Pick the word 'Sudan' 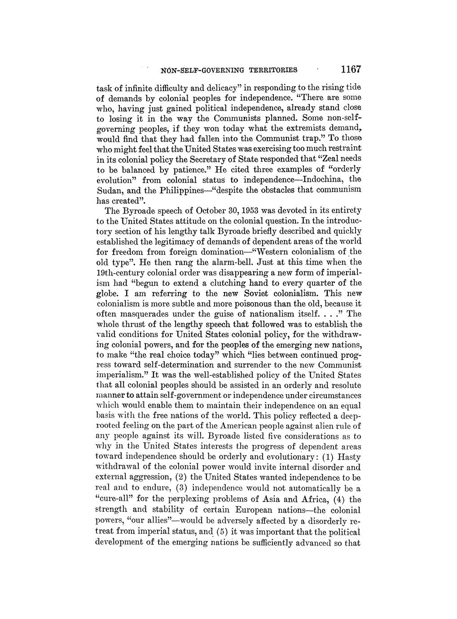(x=109, y=191)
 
